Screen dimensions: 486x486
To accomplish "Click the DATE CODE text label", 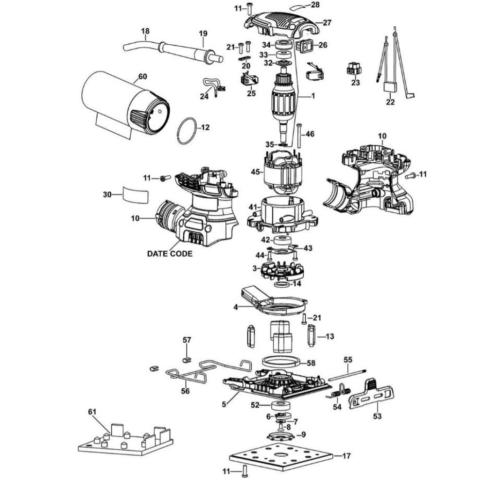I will click(x=170, y=254).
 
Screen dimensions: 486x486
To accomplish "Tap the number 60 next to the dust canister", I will click(x=142, y=76).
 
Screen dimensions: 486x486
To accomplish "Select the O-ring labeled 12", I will click(x=187, y=131).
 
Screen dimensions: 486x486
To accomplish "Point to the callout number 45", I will click(x=255, y=172).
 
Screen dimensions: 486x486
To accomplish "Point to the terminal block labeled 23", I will click(x=355, y=69).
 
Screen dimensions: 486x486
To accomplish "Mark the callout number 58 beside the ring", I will click(x=311, y=363).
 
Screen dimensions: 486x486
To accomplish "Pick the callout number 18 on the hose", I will click(x=144, y=32).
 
